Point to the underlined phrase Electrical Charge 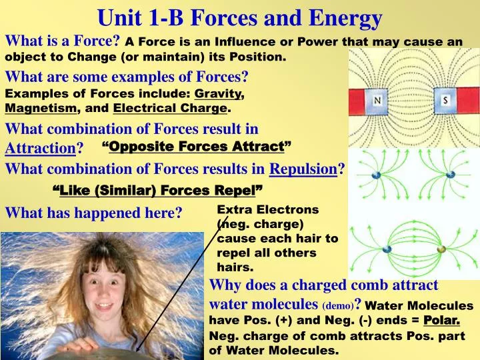pyautogui.click(x=170, y=108)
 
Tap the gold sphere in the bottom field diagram pyautogui.click(x=441, y=249)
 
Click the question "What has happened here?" pyautogui.click(x=93, y=213)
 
